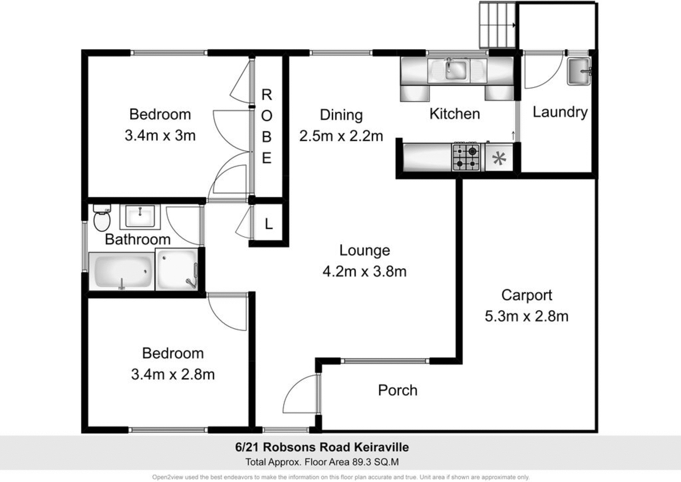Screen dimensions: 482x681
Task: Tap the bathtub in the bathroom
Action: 122,271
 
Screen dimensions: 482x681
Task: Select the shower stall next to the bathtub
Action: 177,269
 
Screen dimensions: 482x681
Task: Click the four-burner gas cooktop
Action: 466,157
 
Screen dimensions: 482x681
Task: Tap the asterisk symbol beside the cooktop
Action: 499,159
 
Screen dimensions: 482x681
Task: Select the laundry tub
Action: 579,71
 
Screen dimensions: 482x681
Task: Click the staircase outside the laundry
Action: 498,25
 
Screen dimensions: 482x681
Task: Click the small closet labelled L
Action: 268,224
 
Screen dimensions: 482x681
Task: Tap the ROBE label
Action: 267,126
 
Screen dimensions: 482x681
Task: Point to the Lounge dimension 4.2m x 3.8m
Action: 364,272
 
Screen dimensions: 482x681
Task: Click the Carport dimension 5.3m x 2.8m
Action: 526,316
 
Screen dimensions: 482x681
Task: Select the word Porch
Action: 397,390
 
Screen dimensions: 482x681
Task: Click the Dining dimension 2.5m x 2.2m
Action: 341,136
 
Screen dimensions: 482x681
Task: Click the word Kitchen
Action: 454,114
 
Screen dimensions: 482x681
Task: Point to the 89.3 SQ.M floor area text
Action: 375,462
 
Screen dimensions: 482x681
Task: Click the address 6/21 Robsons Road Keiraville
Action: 322,447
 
